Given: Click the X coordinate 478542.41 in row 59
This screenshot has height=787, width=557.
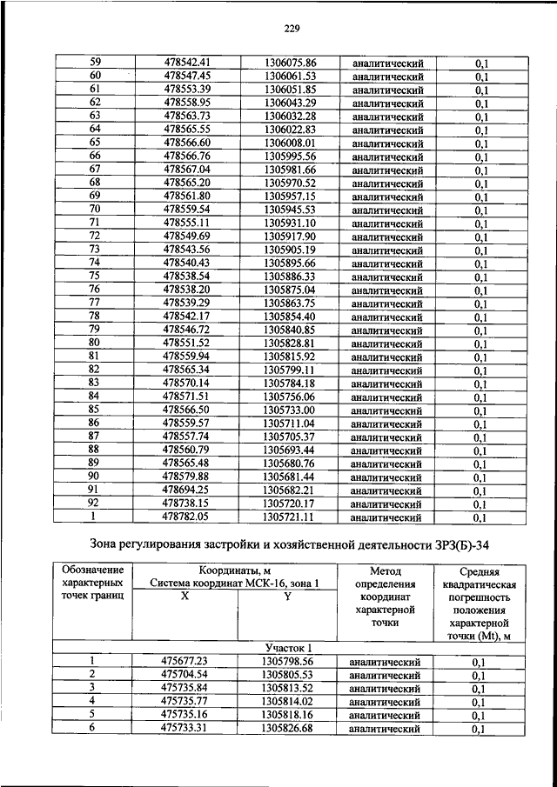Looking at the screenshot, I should click(187, 63).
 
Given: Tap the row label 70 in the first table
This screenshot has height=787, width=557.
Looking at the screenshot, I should click(95, 210).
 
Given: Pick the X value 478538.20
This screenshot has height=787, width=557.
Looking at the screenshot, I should click(187, 290).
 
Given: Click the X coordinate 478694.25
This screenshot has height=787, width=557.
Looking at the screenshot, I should click(187, 490).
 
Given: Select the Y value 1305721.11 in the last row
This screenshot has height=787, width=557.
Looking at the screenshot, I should click(290, 517).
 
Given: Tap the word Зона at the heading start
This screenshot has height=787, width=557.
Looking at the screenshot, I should click(86, 546).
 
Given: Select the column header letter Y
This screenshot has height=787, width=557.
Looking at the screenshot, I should click(288, 596).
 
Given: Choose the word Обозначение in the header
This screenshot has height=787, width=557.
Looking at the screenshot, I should click(92, 570).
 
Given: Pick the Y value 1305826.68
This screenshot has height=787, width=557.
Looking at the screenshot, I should click(288, 729).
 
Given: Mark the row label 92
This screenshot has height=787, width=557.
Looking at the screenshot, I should click(95, 504).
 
